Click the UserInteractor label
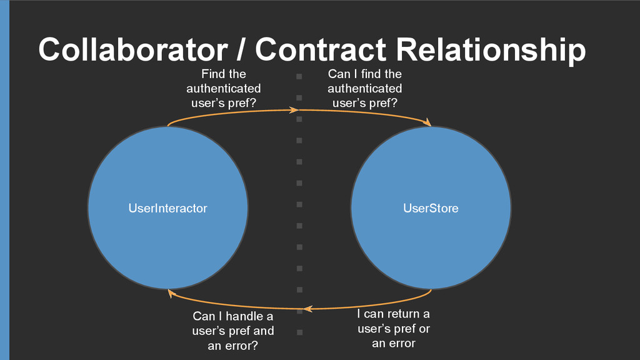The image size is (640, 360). (167, 208)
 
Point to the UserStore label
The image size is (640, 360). (431, 208)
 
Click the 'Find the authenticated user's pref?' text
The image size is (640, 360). (224, 89)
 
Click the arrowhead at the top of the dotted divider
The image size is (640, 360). (294, 110)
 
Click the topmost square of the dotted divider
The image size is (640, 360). (299, 76)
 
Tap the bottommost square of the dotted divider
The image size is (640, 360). (299, 332)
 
